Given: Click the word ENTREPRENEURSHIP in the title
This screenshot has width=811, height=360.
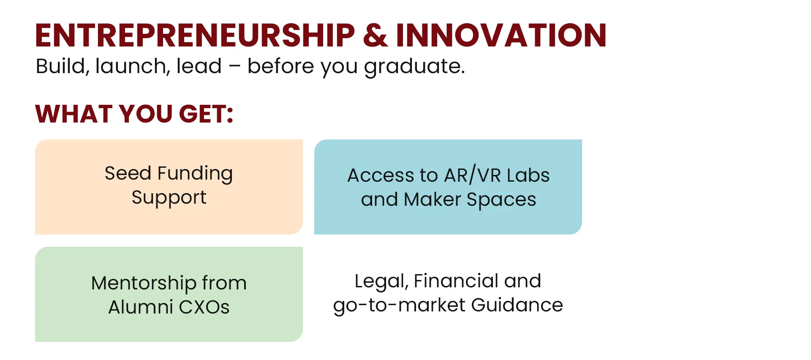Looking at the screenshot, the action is click(x=195, y=35).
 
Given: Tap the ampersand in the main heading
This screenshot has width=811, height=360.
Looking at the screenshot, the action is click(x=375, y=35).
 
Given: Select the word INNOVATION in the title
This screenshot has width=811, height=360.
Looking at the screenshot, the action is click(x=501, y=35).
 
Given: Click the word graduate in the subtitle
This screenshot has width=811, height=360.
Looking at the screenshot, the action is click(x=414, y=67).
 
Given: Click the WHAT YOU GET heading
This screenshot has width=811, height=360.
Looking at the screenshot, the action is click(x=134, y=114).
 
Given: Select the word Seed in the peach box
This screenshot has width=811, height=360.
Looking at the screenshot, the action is click(x=128, y=173).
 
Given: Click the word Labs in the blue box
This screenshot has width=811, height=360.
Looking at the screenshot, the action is click(x=528, y=175).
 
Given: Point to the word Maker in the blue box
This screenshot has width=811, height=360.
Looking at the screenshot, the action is click(x=432, y=199).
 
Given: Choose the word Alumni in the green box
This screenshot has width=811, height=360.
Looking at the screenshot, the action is click(x=141, y=307).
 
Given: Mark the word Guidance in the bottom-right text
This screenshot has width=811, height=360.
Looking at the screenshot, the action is click(x=517, y=305).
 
